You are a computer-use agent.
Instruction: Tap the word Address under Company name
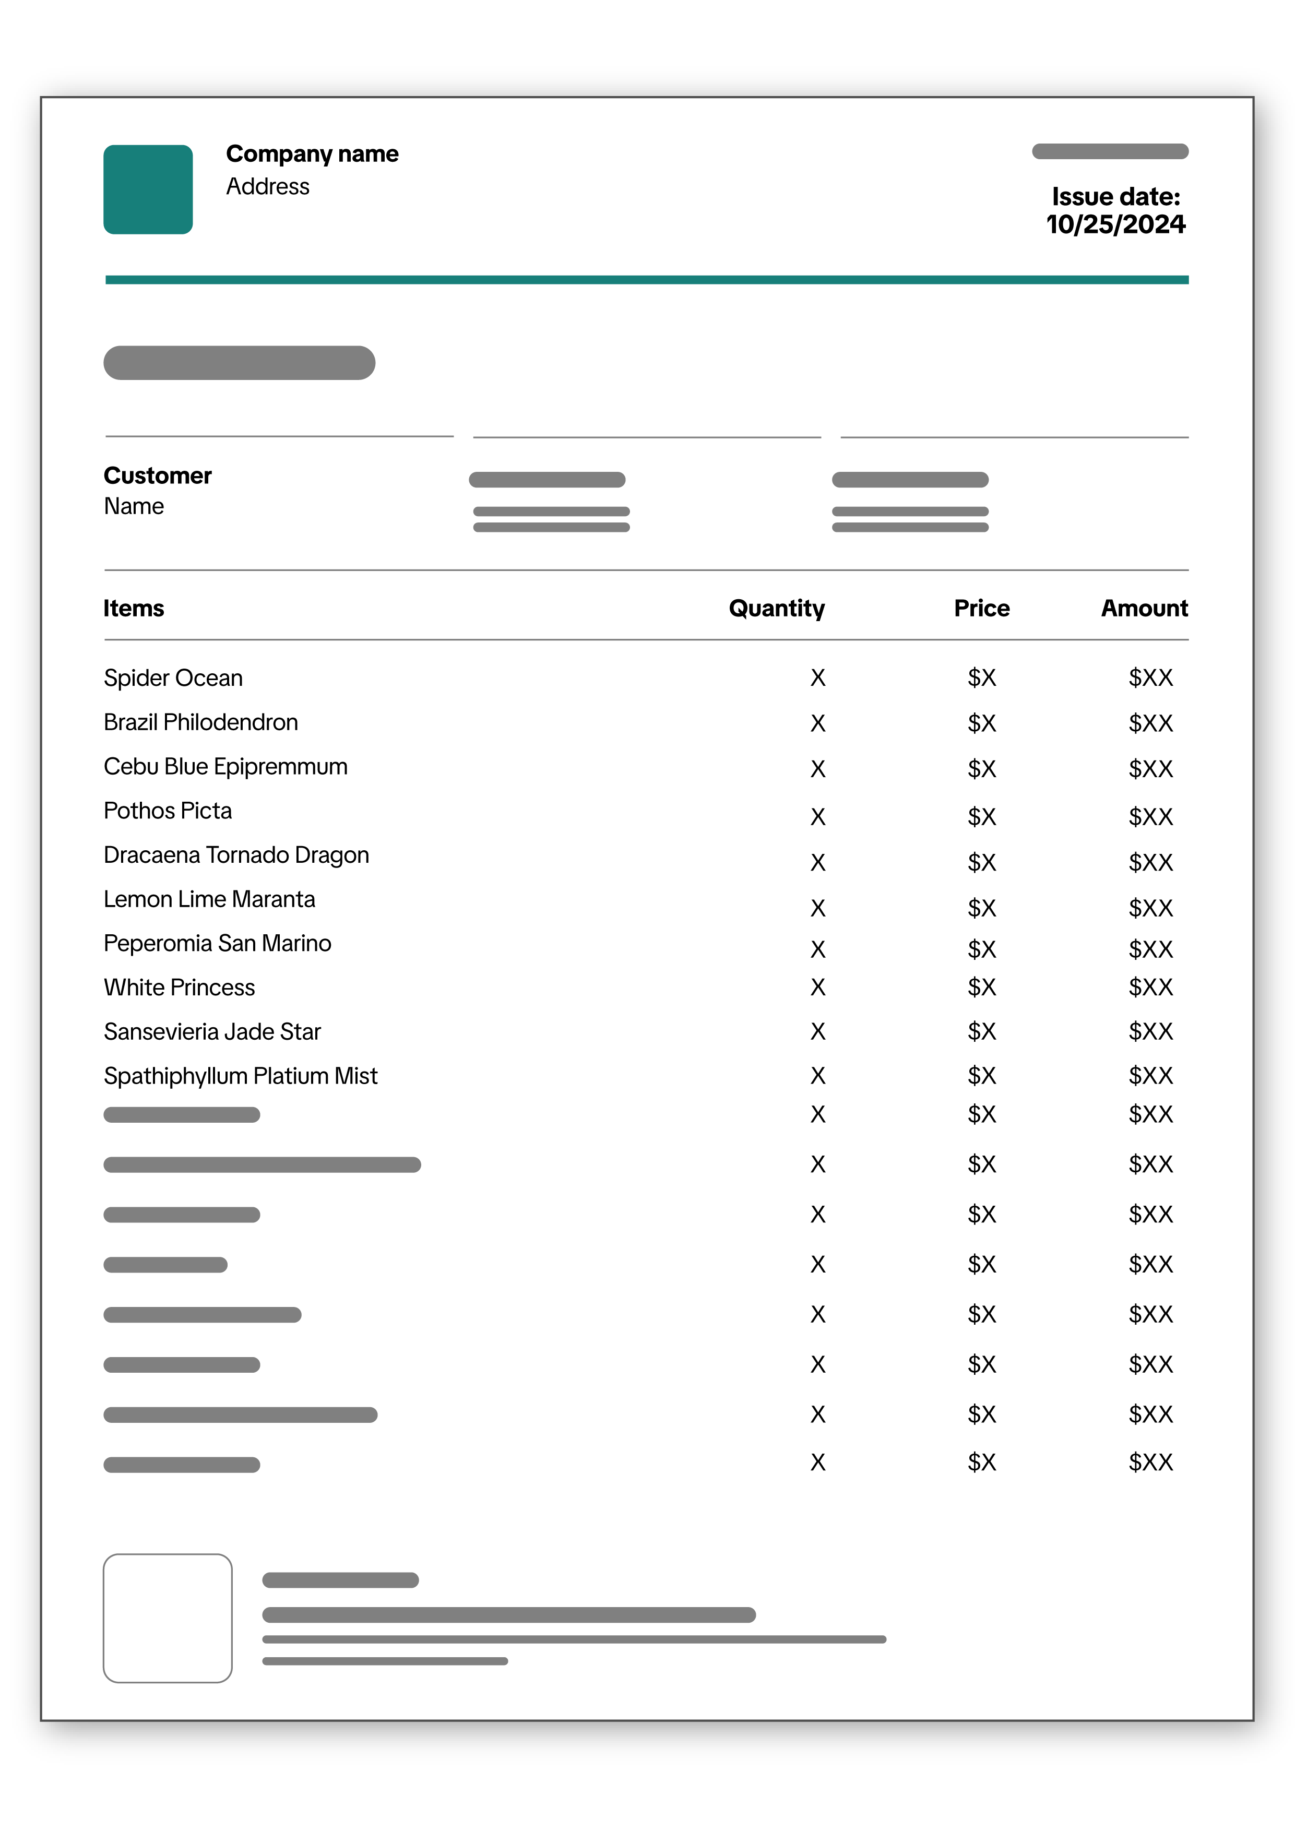267,187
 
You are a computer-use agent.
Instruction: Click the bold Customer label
157,475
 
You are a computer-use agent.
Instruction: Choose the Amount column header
1144,609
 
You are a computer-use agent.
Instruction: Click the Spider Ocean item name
173,678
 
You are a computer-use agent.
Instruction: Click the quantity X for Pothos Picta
817,817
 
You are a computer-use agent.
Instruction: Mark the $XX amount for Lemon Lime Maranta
1150,908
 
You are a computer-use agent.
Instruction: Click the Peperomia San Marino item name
217,943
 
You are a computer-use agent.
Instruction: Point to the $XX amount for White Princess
1150,988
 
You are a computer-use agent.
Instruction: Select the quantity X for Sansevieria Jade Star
817,1032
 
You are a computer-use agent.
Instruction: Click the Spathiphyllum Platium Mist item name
240,1076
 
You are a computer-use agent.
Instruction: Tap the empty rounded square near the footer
168,1618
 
